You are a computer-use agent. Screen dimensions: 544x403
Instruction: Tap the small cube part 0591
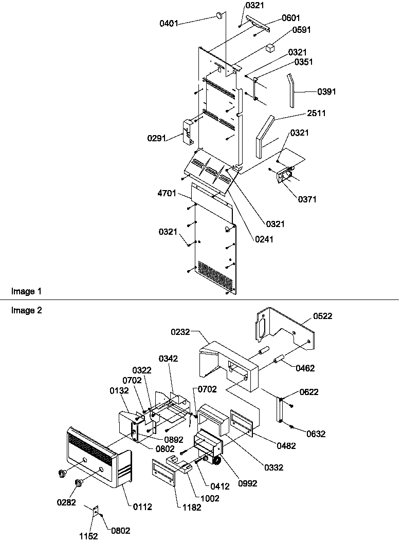[x=270, y=47]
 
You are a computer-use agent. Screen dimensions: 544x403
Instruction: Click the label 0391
[x=327, y=92]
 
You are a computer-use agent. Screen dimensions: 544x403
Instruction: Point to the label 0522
[x=322, y=316]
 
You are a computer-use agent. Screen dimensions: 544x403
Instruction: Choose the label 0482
[x=285, y=446]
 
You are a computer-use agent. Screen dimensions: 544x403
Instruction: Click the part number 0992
[x=247, y=483]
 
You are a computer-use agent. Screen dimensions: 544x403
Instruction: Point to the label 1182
[x=190, y=508]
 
